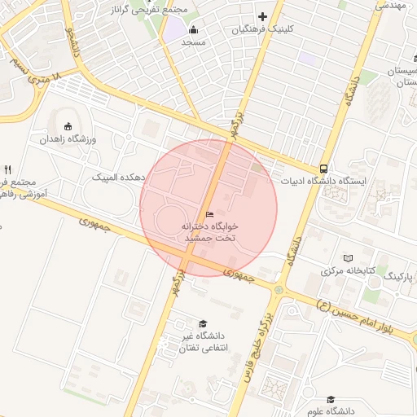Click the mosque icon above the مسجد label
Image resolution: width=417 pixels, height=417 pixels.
click(x=193, y=29)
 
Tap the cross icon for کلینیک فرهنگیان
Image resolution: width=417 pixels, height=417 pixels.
click(x=262, y=16)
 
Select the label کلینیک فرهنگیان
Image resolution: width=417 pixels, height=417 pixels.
click(x=261, y=29)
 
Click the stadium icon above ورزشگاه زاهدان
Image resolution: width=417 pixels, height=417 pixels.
click(x=68, y=126)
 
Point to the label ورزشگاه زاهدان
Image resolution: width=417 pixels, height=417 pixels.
click(x=68, y=139)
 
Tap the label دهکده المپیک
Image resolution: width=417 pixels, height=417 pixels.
click(x=117, y=176)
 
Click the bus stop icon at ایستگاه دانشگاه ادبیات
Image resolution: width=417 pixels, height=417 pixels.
click(x=324, y=169)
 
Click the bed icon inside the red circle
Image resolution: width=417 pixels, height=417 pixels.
click(x=209, y=214)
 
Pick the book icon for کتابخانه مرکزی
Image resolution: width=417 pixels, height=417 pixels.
click(x=350, y=257)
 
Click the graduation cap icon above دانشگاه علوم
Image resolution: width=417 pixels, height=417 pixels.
click(x=330, y=399)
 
